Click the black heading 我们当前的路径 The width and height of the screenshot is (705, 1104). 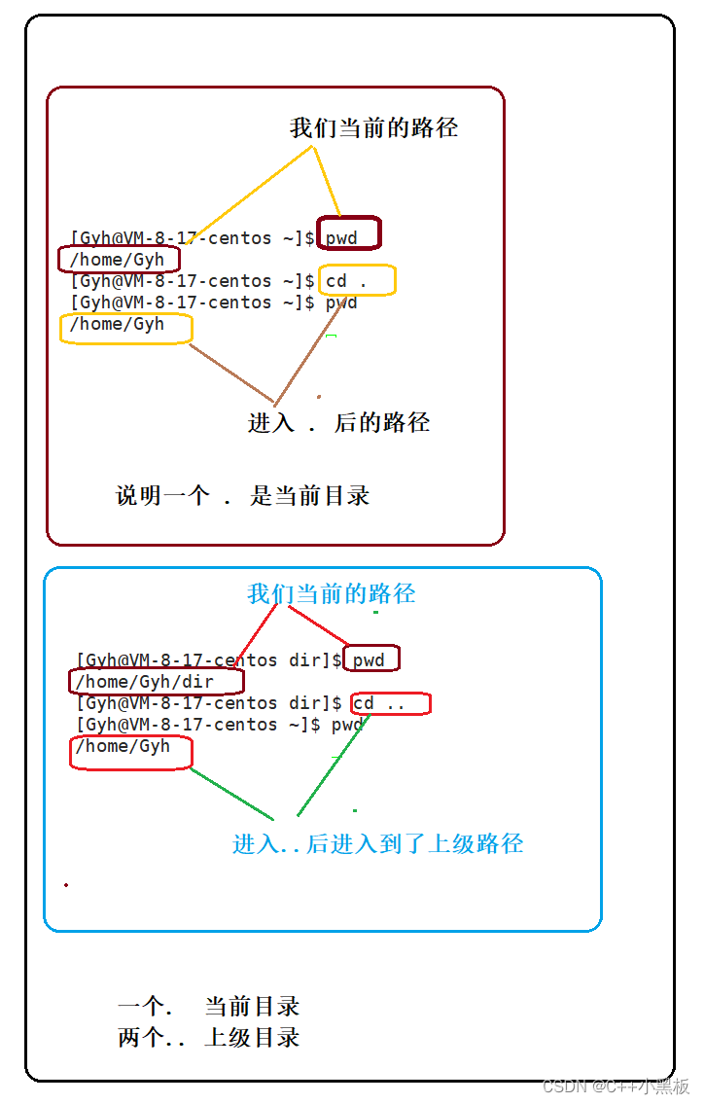(373, 127)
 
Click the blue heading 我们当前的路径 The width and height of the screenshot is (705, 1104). (331, 593)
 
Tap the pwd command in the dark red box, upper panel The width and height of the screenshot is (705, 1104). (341, 237)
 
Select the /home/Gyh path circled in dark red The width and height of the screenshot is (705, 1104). (118, 260)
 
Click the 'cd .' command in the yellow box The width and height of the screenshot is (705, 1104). (346, 281)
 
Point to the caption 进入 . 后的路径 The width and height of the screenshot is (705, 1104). (338, 422)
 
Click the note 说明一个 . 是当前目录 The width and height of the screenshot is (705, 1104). (243, 495)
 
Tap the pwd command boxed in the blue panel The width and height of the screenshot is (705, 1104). (369, 660)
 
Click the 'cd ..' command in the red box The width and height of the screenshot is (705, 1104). (379, 703)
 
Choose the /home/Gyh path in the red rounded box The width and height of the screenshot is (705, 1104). (123, 746)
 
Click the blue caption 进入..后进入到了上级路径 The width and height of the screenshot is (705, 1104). (377, 843)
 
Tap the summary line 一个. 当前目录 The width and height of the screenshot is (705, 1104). (208, 1007)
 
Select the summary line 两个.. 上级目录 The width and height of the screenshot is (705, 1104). (208, 1038)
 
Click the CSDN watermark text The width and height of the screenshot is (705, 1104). (616, 1086)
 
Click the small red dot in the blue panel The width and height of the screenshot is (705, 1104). (66, 884)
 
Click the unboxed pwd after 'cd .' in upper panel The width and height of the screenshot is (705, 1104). (341, 303)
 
